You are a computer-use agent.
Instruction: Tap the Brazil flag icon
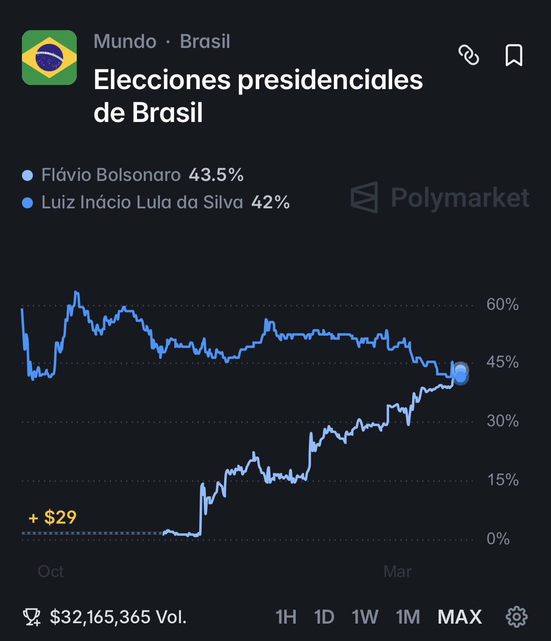click(x=49, y=58)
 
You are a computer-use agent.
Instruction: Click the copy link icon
click(x=469, y=55)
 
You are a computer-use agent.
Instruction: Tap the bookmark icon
click(x=514, y=55)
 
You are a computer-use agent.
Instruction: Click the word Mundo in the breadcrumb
click(x=125, y=42)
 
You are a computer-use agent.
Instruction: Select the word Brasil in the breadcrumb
click(x=205, y=42)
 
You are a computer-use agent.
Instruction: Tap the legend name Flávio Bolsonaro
click(x=111, y=175)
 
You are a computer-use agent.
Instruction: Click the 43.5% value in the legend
click(x=216, y=175)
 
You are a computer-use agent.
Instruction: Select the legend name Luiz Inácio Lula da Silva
click(x=142, y=202)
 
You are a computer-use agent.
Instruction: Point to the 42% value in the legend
click(x=270, y=202)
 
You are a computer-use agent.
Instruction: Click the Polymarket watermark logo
click(x=440, y=197)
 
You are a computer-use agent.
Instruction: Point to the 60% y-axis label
click(x=502, y=304)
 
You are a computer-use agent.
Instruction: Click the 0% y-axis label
click(x=498, y=539)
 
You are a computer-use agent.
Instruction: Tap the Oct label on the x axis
click(x=51, y=572)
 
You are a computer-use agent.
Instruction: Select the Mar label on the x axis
click(x=397, y=572)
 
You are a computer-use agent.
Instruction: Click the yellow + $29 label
click(x=53, y=518)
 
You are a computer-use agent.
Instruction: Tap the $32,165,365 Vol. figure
click(x=118, y=617)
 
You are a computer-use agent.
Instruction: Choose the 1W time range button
click(x=365, y=617)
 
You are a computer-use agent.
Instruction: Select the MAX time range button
click(x=460, y=617)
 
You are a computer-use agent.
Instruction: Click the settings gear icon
click(x=517, y=617)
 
